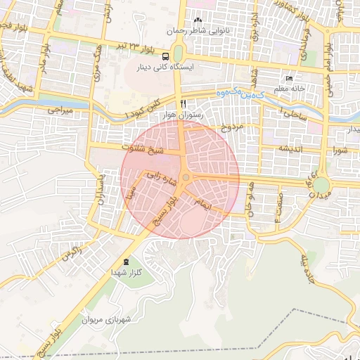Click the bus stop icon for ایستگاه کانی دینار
tap(165, 56)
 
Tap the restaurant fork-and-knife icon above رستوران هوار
tap(184, 103)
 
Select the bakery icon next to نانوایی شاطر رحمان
tap(198, 20)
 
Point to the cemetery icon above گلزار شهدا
tap(127, 262)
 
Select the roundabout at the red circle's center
tap(185, 179)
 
